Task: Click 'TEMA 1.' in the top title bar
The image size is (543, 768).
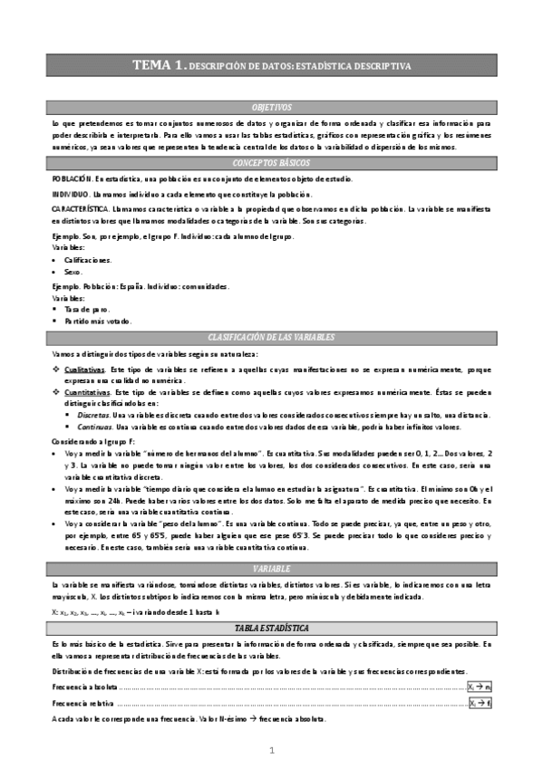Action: (159, 65)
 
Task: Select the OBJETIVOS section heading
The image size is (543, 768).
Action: (271, 107)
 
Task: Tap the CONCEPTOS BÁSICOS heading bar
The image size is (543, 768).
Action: (271, 163)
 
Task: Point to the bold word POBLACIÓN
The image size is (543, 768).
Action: (72, 180)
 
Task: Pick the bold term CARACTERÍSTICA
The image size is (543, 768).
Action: (80, 209)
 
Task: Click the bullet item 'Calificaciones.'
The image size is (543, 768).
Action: (88, 260)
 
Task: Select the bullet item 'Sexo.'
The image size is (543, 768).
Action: (73, 272)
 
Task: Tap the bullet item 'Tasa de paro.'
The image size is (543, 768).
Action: (84, 309)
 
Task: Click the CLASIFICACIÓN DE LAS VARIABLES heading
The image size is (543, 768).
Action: (271, 337)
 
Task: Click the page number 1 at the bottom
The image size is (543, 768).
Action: (271, 751)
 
